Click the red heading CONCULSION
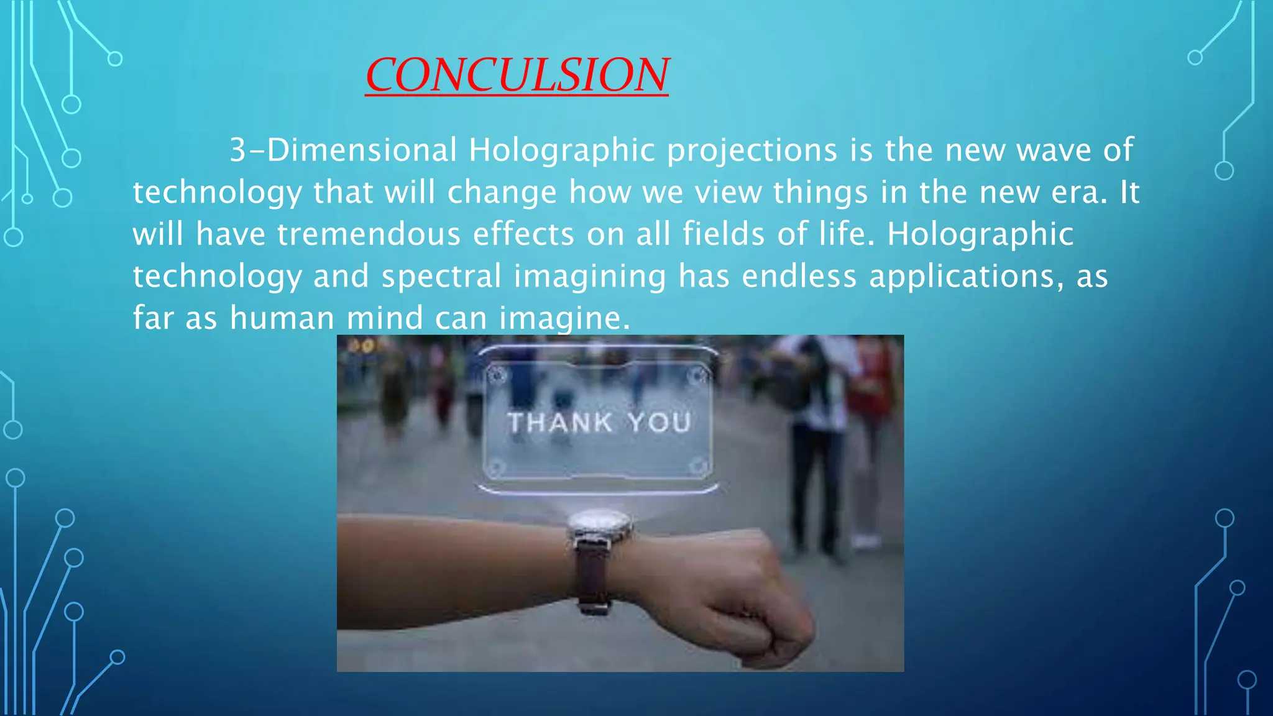tap(517, 75)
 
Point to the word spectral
tap(441, 276)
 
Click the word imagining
tap(590, 276)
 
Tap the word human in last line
tap(282, 318)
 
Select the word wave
tap(1054, 150)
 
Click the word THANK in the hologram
tap(560, 423)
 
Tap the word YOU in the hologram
tap(659, 423)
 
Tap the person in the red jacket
tap(870, 385)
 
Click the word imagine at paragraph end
tap(564, 318)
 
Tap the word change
tap(502, 193)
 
